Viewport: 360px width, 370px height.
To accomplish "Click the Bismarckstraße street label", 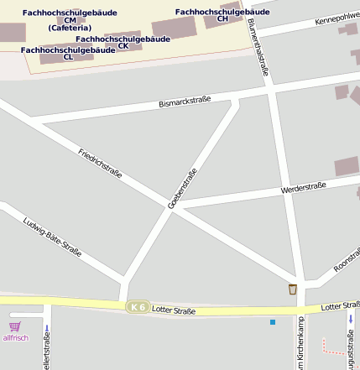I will tap(185, 104).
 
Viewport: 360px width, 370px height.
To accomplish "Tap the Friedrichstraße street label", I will tap(100, 164).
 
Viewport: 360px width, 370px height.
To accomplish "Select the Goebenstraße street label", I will tap(182, 188).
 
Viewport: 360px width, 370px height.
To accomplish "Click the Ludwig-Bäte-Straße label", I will tap(53, 237).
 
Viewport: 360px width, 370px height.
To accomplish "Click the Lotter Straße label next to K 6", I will tap(174, 310).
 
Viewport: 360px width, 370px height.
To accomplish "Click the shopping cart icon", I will tap(14, 326).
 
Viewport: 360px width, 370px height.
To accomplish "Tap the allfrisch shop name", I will tap(15, 338).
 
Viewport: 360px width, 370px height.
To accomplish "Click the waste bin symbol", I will tap(292, 289).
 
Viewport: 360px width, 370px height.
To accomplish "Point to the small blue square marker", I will tap(272, 322).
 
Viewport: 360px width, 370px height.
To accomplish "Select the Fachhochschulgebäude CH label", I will tap(222, 15).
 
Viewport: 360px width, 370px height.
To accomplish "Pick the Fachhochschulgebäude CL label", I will tap(68, 54).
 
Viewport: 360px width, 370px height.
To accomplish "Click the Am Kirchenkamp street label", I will tap(300, 344).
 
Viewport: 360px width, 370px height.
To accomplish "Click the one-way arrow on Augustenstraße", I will tap(350, 320).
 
